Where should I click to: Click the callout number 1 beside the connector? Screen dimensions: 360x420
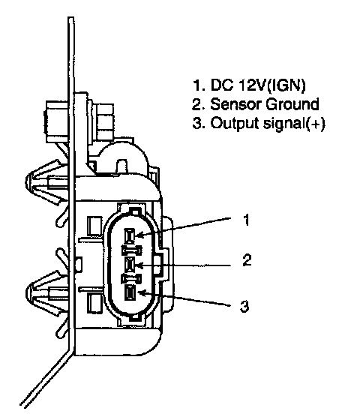coord(246,220)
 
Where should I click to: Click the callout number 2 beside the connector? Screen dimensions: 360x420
coord(247,260)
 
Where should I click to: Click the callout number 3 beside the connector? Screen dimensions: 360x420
coord(244,306)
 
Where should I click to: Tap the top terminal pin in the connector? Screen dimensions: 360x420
coord(130,235)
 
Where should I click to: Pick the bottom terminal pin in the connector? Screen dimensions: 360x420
coord(130,292)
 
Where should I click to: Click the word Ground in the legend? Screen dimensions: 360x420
coord(292,104)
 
